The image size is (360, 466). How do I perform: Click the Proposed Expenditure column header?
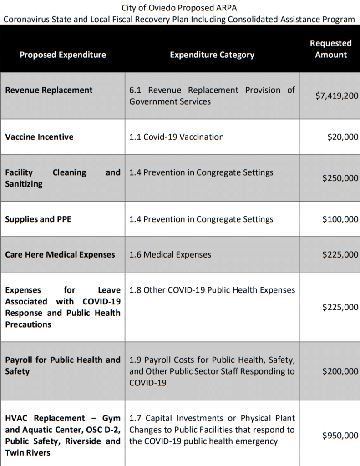[x=63, y=55]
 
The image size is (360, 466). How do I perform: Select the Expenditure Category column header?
[x=212, y=55]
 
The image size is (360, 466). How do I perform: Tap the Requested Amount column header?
[x=331, y=49]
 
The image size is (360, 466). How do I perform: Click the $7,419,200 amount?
[x=337, y=96]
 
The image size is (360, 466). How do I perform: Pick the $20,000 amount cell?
[x=343, y=137]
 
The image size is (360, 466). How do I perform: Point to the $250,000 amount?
[x=340, y=178]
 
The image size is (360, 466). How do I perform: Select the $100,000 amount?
[x=340, y=219]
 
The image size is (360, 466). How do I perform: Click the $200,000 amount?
[x=340, y=371]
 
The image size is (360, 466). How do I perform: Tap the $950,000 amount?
[x=340, y=436]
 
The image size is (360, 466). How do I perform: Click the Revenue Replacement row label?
[x=49, y=90]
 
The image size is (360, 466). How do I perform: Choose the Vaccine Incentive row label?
[x=39, y=137]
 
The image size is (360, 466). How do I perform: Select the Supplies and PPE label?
[x=38, y=219]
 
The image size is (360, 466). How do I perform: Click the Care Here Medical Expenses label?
[x=60, y=254]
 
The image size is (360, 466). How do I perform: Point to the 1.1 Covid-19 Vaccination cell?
[x=177, y=137]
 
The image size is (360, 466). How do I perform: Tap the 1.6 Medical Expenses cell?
[x=170, y=254]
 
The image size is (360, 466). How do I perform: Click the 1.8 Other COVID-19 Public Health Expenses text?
[x=212, y=290]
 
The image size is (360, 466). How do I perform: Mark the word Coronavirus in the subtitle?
[x=25, y=19]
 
